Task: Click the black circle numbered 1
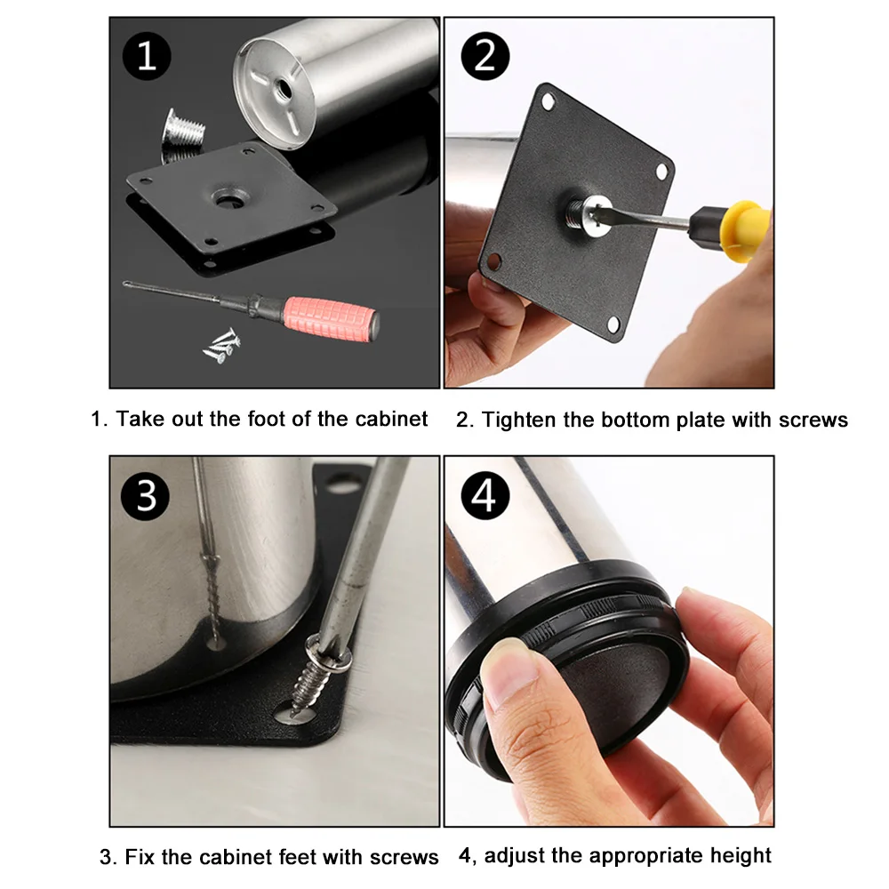[147, 56]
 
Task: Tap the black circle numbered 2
[485, 56]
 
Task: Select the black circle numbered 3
[146, 496]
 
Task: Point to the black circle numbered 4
[485, 496]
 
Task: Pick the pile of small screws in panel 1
[222, 345]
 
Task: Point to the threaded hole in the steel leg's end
[282, 88]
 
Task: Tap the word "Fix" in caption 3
[140, 857]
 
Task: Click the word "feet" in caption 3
[302, 857]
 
